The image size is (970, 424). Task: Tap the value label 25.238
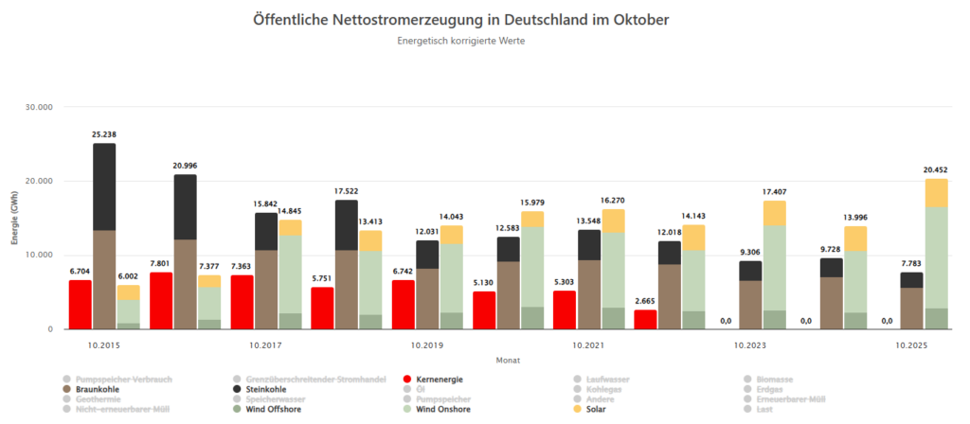pos(104,134)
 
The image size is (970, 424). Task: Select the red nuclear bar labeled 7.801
pos(161,301)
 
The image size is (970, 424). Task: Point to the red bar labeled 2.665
pos(645,319)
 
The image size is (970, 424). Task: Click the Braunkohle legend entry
pos(98,389)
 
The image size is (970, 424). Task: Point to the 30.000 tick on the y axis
pos(37,107)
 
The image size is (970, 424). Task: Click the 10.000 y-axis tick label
pos(37,256)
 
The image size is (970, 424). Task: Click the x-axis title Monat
pos(508,360)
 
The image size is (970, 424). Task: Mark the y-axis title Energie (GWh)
pos(15,218)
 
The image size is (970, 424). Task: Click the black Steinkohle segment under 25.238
pos(104,186)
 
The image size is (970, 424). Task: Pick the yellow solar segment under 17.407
pos(774,212)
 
